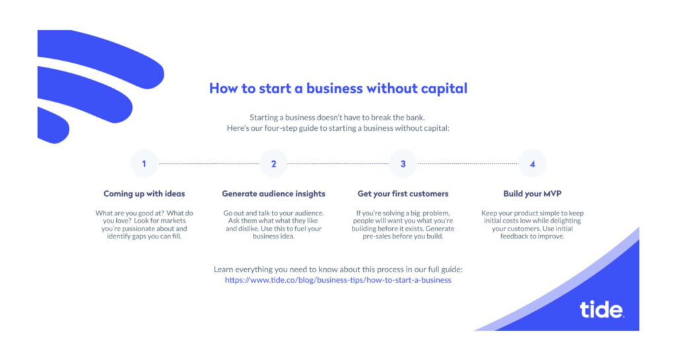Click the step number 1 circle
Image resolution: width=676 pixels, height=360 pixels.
pyautogui.click(x=144, y=163)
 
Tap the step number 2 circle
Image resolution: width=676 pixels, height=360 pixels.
pyautogui.click(x=273, y=163)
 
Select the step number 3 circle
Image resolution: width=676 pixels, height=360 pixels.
pyautogui.click(x=403, y=163)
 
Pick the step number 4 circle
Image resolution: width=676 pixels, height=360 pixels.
pyautogui.click(x=533, y=163)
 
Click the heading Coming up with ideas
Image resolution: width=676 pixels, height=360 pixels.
pyautogui.click(x=144, y=194)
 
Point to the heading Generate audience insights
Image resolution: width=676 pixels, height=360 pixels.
pyautogui.click(x=273, y=194)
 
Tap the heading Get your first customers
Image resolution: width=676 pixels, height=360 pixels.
pyautogui.click(x=403, y=194)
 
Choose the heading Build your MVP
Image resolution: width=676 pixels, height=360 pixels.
pyautogui.click(x=533, y=194)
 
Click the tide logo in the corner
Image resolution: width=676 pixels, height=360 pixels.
pyautogui.click(x=601, y=309)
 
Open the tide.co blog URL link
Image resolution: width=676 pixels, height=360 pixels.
pyautogui.click(x=338, y=280)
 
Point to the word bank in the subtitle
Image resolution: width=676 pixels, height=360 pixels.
pyautogui.click(x=414, y=118)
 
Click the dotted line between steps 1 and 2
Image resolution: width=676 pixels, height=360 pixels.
pyautogui.click(x=209, y=163)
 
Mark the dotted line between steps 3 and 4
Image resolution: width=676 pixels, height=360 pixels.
pyautogui.click(x=468, y=163)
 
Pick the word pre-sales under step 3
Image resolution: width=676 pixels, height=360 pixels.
pyautogui.click(x=377, y=236)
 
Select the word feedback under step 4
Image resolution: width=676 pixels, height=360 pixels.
pyautogui.click(x=514, y=236)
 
